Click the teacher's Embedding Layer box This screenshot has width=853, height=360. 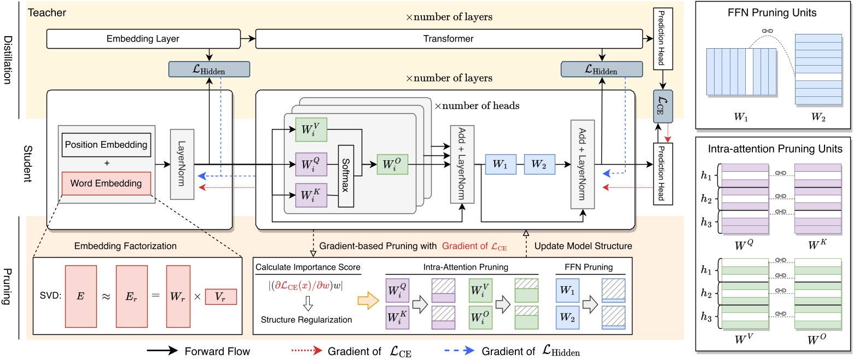pyautogui.click(x=143, y=39)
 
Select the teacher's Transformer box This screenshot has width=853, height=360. pyautogui.click(x=449, y=39)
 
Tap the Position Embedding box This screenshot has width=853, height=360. pyautogui.click(x=106, y=145)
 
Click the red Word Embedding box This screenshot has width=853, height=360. pyautogui.click(x=106, y=183)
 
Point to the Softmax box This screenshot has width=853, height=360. pyautogui.click(x=346, y=176)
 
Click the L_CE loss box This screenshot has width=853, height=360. pyautogui.click(x=663, y=106)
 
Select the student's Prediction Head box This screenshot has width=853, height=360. pyautogui.click(x=663, y=174)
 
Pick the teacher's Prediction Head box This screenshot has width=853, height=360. pyautogui.click(x=663, y=39)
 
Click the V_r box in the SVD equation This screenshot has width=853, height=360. pyautogui.click(x=221, y=297)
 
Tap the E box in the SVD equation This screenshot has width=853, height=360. pyautogui.click(x=81, y=297)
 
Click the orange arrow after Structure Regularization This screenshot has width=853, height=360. pyautogui.click(x=368, y=300)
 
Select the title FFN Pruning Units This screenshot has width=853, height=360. pyautogui.click(x=772, y=13)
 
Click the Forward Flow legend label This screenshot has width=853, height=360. pyautogui.click(x=217, y=351)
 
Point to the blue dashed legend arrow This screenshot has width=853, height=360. pyautogui.click(x=459, y=351)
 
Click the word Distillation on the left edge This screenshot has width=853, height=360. pyautogui.click(x=8, y=60)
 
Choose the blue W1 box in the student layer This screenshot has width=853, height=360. pyautogui.click(x=501, y=164)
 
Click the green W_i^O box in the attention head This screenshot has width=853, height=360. pyautogui.click(x=392, y=164)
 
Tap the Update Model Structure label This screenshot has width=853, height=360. pyautogui.click(x=583, y=246)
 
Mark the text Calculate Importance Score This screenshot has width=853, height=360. pyautogui.click(x=307, y=267)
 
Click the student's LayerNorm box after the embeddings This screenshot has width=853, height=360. pyautogui.click(x=182, y=164)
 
